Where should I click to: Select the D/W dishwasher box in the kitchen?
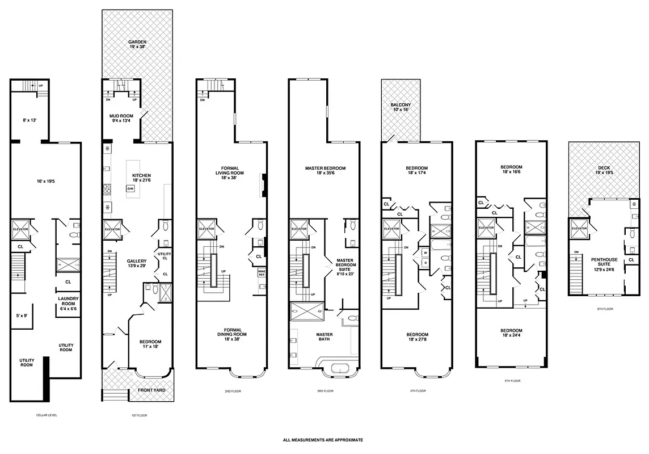point(130,188)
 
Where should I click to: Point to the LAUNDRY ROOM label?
point(68,301)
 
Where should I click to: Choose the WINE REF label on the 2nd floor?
point(262,273)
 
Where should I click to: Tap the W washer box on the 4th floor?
point(424,253)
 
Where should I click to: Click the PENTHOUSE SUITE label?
point(604,262)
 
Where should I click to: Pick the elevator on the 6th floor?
point(579,228)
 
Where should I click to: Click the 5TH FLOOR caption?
point(512,381)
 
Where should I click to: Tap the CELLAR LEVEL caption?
point(46,415)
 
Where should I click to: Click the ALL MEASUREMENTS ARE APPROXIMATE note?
point(323,440)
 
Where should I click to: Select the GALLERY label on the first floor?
point(137,263)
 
